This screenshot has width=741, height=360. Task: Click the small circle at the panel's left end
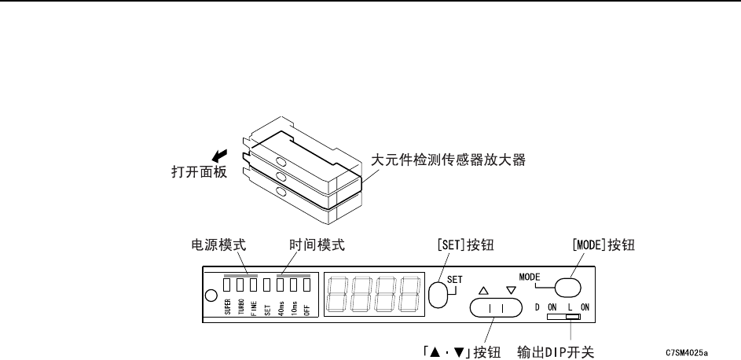pos(210,296)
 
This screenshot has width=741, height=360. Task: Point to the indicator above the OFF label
pos(306,285)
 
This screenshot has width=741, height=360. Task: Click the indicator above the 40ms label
pos(281,285)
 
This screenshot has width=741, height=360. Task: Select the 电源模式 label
pos(218,244)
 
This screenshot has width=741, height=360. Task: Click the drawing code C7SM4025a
pos(687,353)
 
